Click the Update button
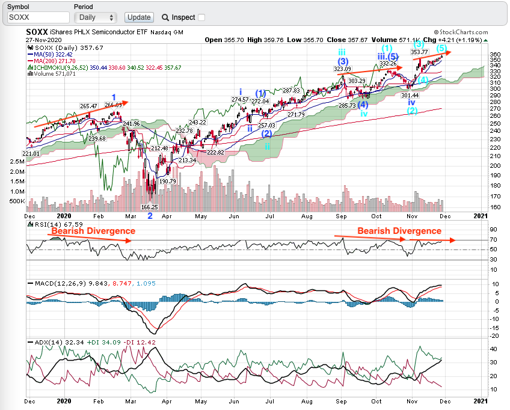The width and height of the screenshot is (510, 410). [139, 17]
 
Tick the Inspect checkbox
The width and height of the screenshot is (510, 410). [201, 17]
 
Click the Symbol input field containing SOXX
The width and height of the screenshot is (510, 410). [38, 17]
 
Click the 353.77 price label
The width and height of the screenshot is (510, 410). [419, 52]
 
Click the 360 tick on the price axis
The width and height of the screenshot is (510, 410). [478, 54]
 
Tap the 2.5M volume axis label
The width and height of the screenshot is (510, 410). [16, 162]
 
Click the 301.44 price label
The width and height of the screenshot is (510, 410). [410, 95]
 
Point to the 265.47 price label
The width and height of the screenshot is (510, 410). [88, 106]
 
